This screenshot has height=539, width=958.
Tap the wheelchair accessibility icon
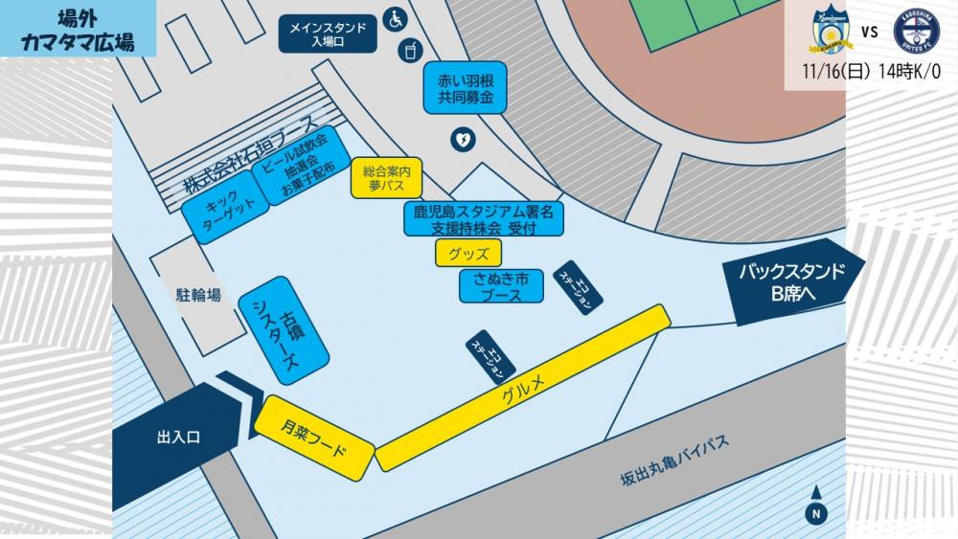click(395, 18)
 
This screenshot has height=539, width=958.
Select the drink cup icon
click(409, 48)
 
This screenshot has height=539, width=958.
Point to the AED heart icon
click(463, 141)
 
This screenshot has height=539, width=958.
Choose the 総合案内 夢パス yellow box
click(387, 178)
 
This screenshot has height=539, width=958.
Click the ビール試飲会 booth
click(296, 166)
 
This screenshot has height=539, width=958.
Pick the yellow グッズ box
click(468, 254)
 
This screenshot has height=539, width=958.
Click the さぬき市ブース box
click(501, 286)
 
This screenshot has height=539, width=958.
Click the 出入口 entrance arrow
click(182, 437)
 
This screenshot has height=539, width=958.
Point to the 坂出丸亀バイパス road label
click(674, 461)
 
